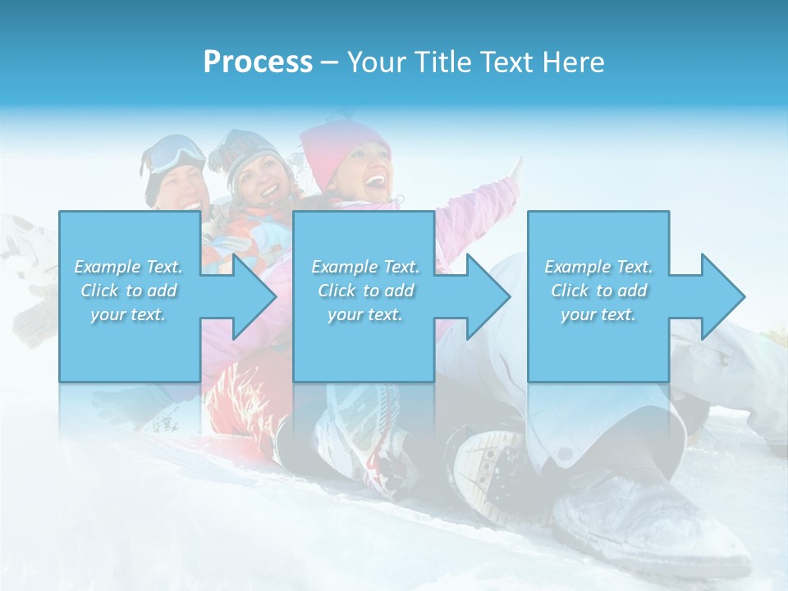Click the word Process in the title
258,62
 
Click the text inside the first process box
128,291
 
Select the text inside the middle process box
364,291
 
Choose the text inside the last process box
598,291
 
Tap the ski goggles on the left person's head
176,153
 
